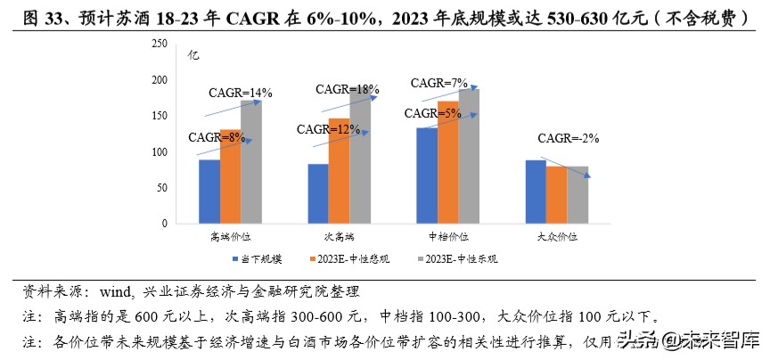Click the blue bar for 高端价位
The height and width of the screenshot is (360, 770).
pyautogui.click(x=209, y=192)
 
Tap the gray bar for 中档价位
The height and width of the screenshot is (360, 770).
pyautogui.click(x=469, y=157)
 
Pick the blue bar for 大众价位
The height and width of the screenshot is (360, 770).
pyautogui.click(x=535, y=192)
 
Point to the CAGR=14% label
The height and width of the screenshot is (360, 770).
pyautogui.click(x=240, y=92)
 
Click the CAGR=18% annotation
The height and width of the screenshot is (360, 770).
pyautogui.click(x=348, y=89)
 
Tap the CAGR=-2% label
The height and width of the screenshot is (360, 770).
pyautogui.click(x=569, y=138)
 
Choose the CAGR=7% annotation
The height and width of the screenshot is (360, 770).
pyautogui.click(x=438, y=83)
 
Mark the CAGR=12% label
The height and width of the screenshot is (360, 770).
pyautogui.click(x=331, y=129)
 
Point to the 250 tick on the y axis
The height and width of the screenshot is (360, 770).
pyautogui.click(x=159, y=44)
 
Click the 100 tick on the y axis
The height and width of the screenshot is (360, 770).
pyautogui.click(x=159, y=152)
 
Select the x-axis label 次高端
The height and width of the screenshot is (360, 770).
pyautogui.click(x=339, y=237)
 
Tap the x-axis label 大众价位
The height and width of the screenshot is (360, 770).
pyautogui.click(x=557, y=237)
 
